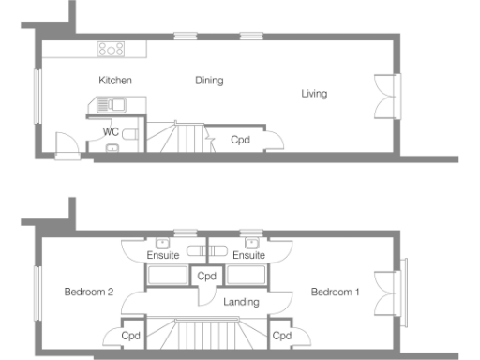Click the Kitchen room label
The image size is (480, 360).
click(115, 81)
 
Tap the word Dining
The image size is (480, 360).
click(209, 81)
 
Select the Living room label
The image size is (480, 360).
click(314, 93)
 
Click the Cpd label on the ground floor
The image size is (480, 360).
click(240, 140)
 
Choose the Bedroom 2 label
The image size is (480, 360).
click(89, 292)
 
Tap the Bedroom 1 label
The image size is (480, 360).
click(336, 292)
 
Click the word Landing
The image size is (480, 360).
click(242, 302)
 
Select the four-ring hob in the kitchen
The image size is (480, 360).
click(111, 50)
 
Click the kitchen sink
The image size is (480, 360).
click(112, 106)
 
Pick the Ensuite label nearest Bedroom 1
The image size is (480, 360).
click(248, 255)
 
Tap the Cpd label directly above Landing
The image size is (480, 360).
click(206, 276)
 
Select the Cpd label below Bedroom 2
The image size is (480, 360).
click(130, 335)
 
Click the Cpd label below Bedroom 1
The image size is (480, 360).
click(279, 335)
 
